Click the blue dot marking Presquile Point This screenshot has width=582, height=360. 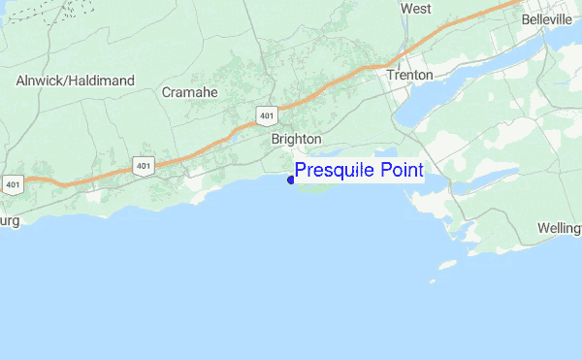point(291,180)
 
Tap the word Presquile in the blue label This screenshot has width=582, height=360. point(336,171)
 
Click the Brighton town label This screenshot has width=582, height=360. point(296,140)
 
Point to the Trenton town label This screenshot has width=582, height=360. point(408,75)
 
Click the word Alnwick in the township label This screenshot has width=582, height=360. point(42,81)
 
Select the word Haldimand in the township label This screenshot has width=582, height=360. point(102,81)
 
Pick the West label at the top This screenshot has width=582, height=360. point(415,9)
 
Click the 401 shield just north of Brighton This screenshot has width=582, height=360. point(267,115)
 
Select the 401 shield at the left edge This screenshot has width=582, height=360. point(13,182)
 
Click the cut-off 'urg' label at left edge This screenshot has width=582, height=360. point(10,220)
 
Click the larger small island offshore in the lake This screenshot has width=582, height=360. point(447,264)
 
